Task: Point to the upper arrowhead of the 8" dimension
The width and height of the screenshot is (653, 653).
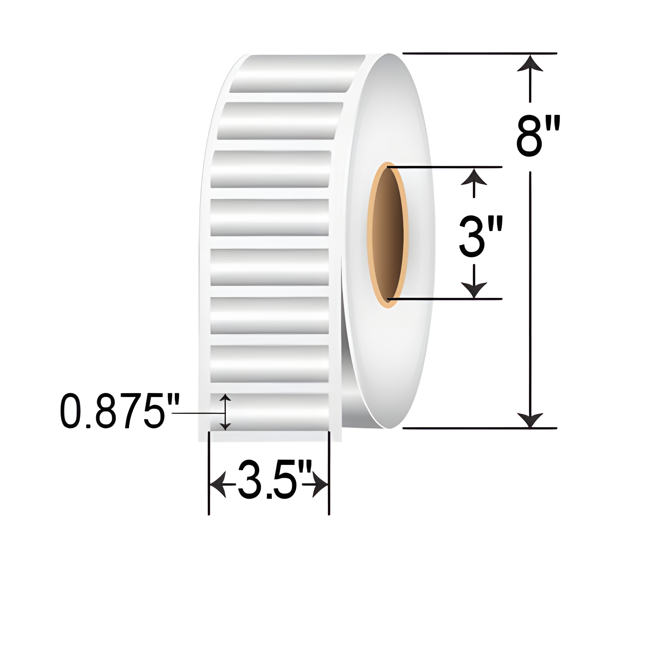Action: coord(530,64)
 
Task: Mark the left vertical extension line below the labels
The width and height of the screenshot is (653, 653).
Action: coord(209,473)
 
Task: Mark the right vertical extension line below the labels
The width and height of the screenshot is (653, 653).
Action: coord(329,473)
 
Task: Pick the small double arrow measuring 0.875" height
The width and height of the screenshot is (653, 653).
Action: coord(225,412)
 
